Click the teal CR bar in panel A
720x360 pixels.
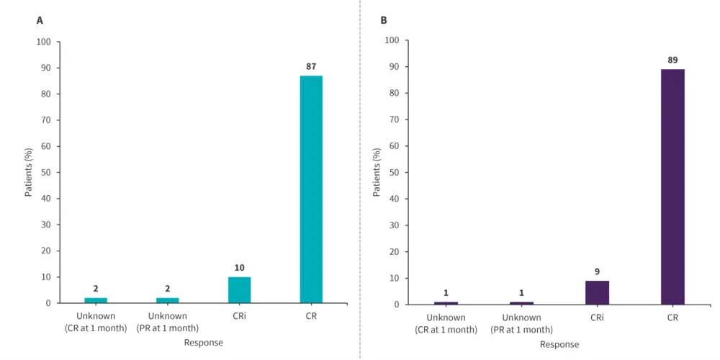pos(311,189)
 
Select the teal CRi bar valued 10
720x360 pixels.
pos(239,289)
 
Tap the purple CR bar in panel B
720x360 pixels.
pos(672,186)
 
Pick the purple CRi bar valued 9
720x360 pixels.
pos(597,292)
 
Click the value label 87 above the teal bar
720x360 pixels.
pos(311,67)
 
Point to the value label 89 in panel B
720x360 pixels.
pos(672,60)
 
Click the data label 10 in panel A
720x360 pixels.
pos(239,268)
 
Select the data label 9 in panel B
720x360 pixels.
pos(597,271)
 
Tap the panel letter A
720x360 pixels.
pos(40,20)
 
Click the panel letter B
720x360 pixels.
pos(383,20)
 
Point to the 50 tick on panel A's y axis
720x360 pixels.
pos(45,173)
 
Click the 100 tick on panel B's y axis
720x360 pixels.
pos(392,41)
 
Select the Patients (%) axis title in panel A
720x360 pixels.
pos(29,173)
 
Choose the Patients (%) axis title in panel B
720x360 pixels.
pos(377,173)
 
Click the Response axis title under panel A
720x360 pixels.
pos(203,343)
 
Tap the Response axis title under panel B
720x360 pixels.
pos(559,344)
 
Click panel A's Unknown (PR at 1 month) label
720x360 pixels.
pos(167,321)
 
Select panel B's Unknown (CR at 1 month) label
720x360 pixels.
pos(446,323)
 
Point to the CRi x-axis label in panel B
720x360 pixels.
pos(597,318)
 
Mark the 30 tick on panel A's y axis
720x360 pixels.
pos(45,225)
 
